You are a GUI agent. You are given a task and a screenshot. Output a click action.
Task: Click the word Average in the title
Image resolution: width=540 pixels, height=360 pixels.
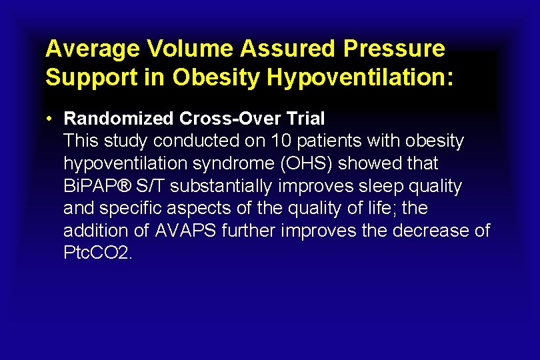pos(93,49)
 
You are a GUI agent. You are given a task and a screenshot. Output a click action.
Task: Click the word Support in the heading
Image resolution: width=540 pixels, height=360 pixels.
pos(83,77)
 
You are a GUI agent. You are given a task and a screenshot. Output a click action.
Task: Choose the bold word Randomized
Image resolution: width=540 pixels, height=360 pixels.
pos(119,119)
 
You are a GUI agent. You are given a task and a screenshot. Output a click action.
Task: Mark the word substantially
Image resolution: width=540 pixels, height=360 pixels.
pos(225,186)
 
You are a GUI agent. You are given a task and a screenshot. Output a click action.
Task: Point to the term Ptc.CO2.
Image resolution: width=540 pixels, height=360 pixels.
pos(98,253)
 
